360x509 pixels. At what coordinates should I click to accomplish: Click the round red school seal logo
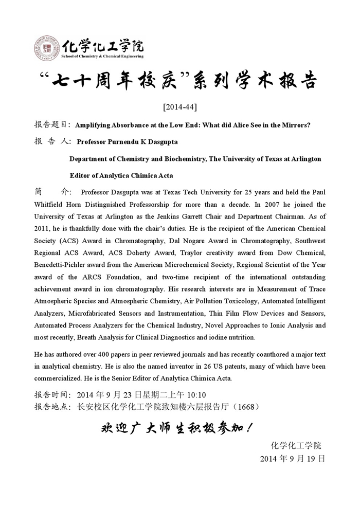pos(47,48)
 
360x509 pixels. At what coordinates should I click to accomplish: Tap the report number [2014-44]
pos(179,107)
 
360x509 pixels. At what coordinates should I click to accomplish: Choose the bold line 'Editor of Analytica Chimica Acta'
pos(121,176)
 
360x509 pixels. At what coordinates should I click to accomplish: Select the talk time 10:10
pos(195,395)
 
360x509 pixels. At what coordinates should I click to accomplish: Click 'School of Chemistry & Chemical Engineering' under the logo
pos(103,56)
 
